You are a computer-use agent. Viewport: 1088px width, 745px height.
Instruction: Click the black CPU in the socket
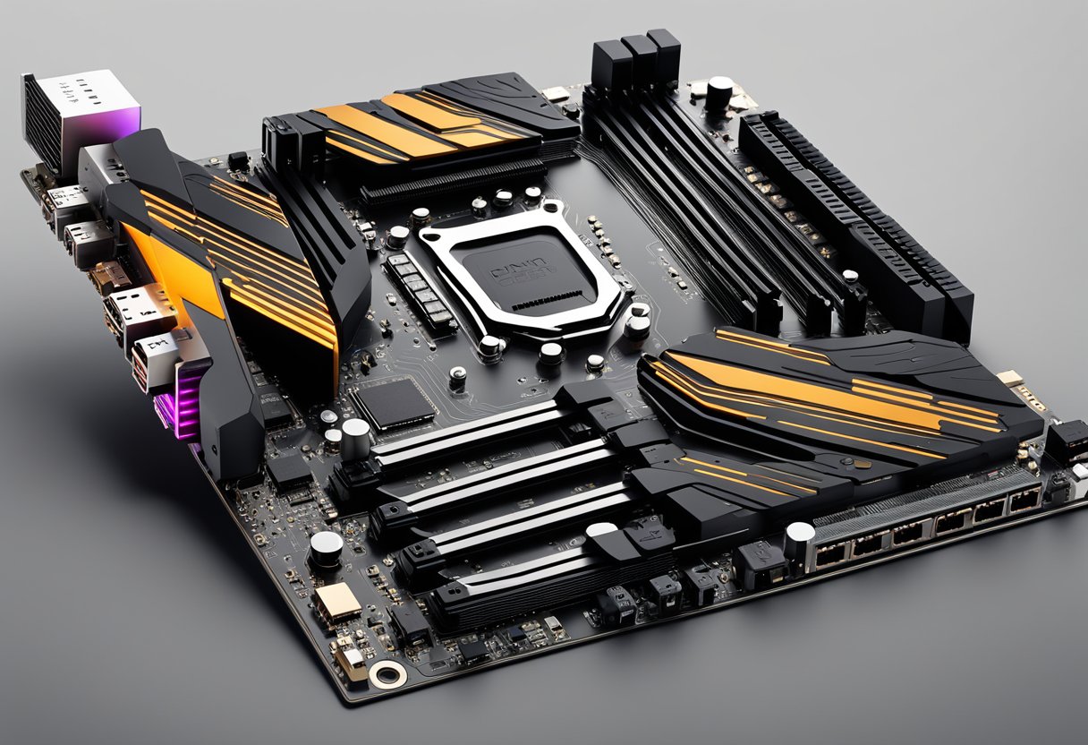click(x=523, y=269)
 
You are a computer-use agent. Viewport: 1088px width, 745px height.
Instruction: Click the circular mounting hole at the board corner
click(x=388, y=674)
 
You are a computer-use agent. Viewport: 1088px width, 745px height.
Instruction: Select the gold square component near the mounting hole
click(x=337, y=603)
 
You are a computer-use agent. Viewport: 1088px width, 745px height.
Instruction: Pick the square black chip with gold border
click(x=395, y=403)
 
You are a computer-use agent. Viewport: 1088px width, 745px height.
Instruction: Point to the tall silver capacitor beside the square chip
click(x=355, y=438)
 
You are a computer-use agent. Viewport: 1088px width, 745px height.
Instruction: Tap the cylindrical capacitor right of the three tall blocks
click(x=718, y=92)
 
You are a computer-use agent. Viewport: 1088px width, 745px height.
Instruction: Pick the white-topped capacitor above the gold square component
click(x=326, y=545)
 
